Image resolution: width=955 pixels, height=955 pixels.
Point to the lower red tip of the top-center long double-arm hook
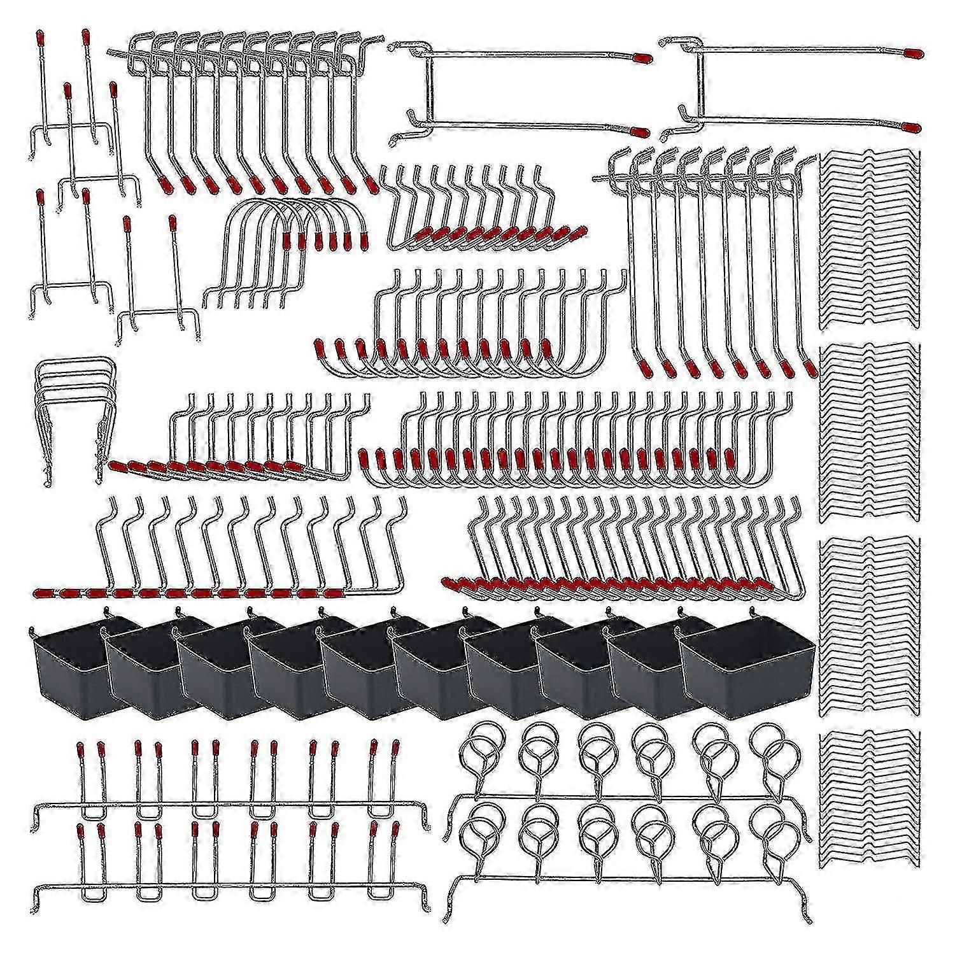[639, 132]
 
